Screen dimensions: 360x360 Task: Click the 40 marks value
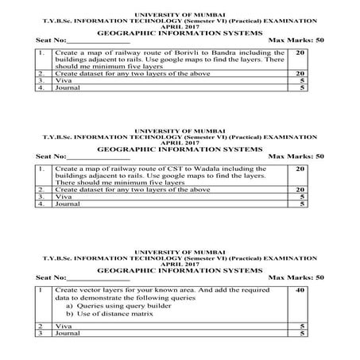[300, 291]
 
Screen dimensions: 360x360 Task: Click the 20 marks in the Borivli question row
[300, 52]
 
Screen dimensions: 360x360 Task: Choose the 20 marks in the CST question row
[300, 169]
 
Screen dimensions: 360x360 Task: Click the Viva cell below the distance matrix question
[61, 327]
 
